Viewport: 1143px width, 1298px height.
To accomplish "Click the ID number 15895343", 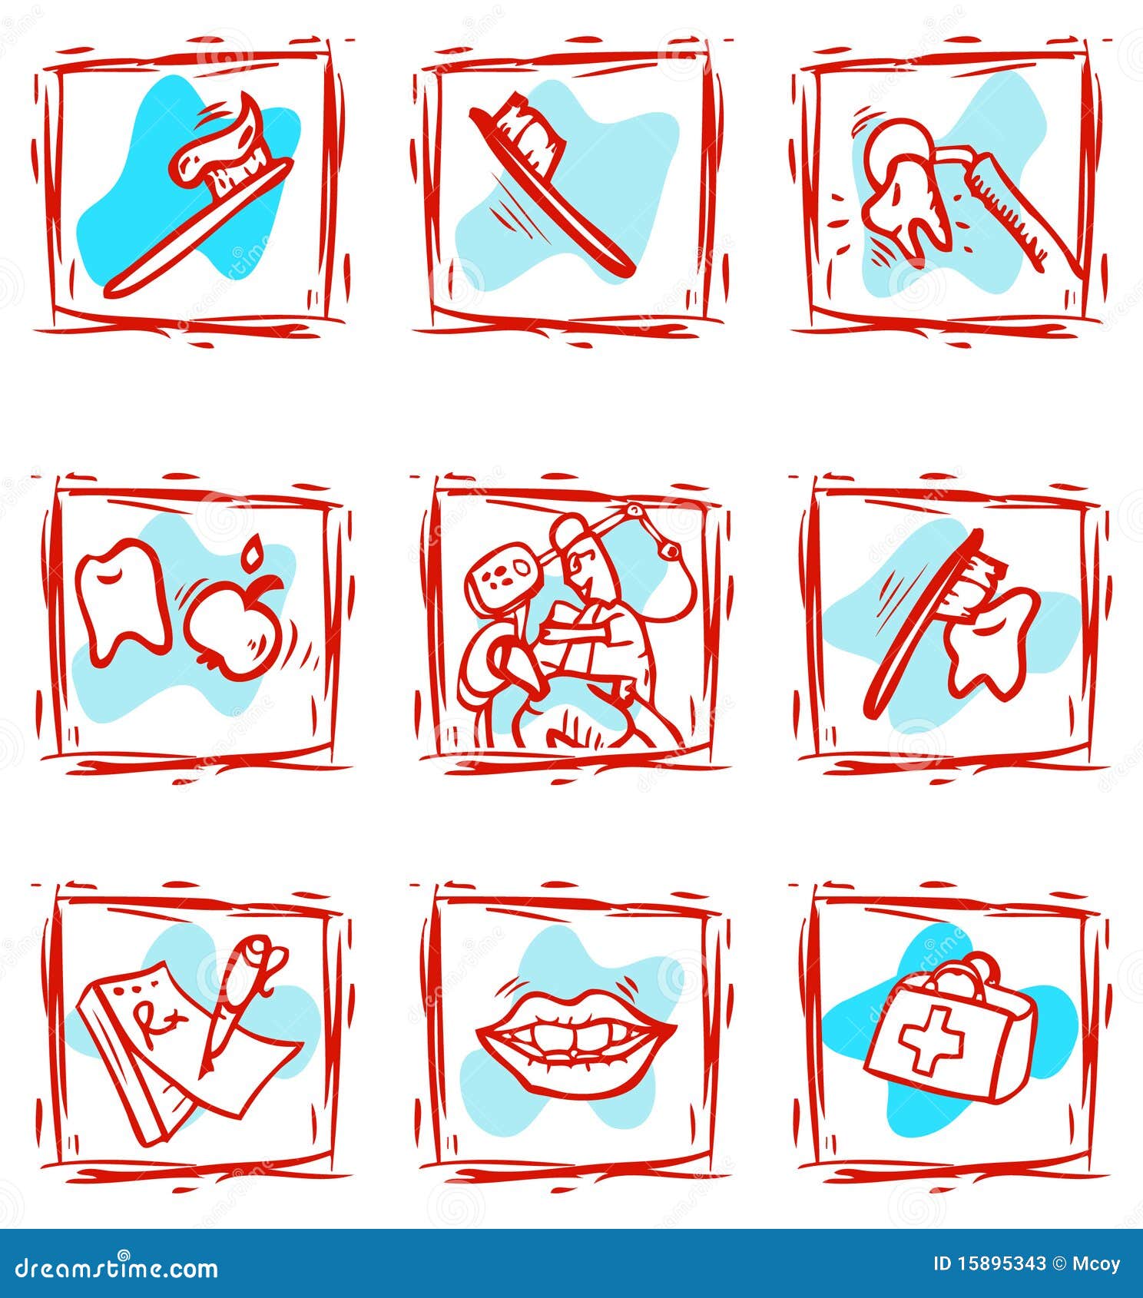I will tap(999, 1263).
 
